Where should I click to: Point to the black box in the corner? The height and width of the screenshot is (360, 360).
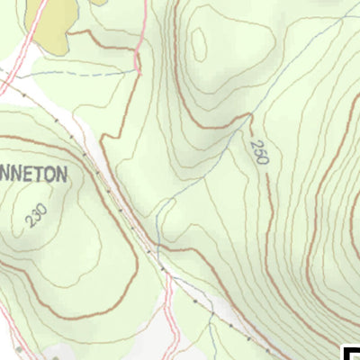click(x=352, y=352)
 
